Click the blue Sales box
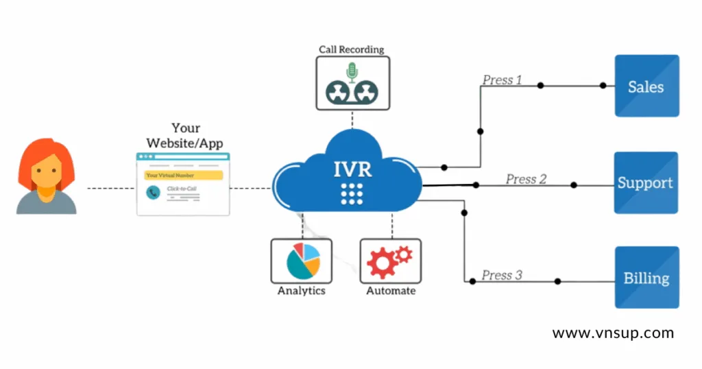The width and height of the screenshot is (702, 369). pos(646,86)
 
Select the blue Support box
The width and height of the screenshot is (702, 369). pos(646,183)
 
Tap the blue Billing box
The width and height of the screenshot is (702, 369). pos(646,278)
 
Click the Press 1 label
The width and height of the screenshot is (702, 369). pos(502,80)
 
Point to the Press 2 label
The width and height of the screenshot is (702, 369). pos(526,179)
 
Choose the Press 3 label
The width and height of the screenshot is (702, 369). pos(501,275)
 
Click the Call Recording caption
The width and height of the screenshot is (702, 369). pos(352,49)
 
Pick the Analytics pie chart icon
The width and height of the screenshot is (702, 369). pos(301,261)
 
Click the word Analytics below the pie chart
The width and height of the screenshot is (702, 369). pos(301,291)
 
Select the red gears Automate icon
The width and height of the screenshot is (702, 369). pos(389,261)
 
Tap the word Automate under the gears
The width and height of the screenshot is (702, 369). pos(390,291)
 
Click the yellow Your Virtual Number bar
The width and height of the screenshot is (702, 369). pos(183,175)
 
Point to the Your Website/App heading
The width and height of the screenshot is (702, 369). pos(186,136)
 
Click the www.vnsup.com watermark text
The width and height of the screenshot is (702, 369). pos(612,333)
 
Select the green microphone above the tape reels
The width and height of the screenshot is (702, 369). pos(352,71)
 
